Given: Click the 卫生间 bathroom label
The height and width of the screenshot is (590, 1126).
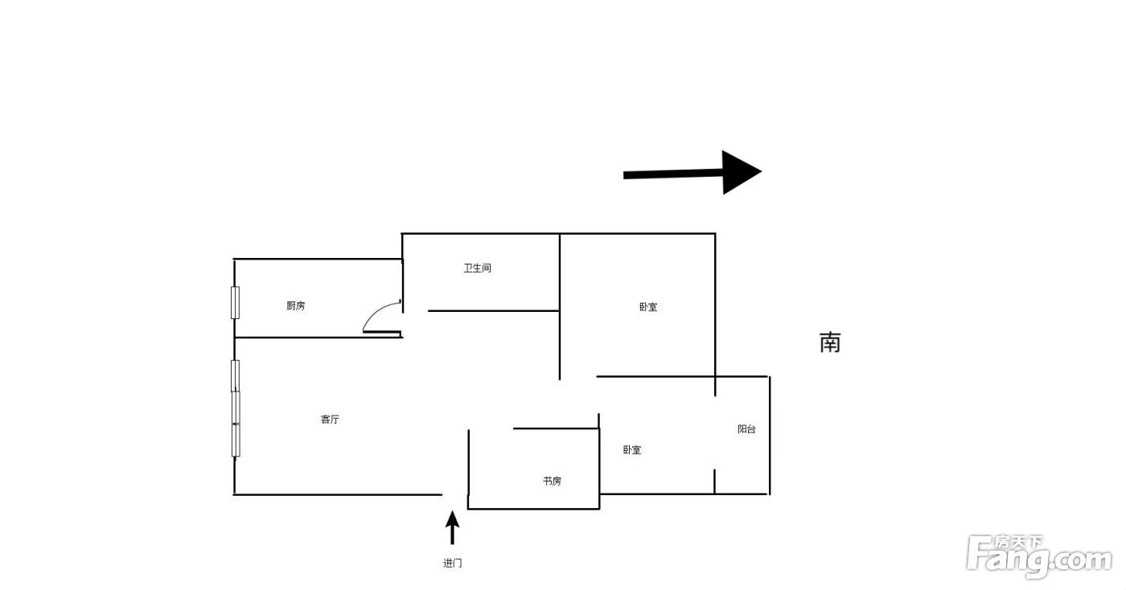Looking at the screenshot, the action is click(x=477, y=268).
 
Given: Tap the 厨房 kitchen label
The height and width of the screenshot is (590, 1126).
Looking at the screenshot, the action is click(x=296, y=305).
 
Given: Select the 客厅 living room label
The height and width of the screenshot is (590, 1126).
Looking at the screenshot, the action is click(x=330, y=419).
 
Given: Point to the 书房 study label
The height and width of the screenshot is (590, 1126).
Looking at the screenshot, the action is click(x=552, y=481).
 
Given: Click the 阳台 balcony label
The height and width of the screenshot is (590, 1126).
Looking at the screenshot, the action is click(x=746, y=428).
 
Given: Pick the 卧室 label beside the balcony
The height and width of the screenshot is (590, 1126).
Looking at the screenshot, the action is click(x=632, y=450).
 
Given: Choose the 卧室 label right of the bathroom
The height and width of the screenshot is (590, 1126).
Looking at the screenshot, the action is click(x=648, y=306).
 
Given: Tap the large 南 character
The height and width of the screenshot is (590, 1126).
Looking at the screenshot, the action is click(x=830, y=342).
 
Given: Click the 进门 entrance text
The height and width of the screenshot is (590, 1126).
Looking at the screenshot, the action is click(x=452, y=563).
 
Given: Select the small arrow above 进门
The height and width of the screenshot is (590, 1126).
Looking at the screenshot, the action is click(x=452, y=527).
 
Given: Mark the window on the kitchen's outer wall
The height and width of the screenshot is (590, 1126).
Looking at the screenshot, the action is click(x=235, y=302).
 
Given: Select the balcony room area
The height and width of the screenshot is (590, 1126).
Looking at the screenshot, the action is click(x=742, y=435).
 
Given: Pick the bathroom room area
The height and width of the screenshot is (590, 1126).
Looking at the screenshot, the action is click(x=481, y=272).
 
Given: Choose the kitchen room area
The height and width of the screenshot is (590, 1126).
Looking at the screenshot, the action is click(x=318, y=298).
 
